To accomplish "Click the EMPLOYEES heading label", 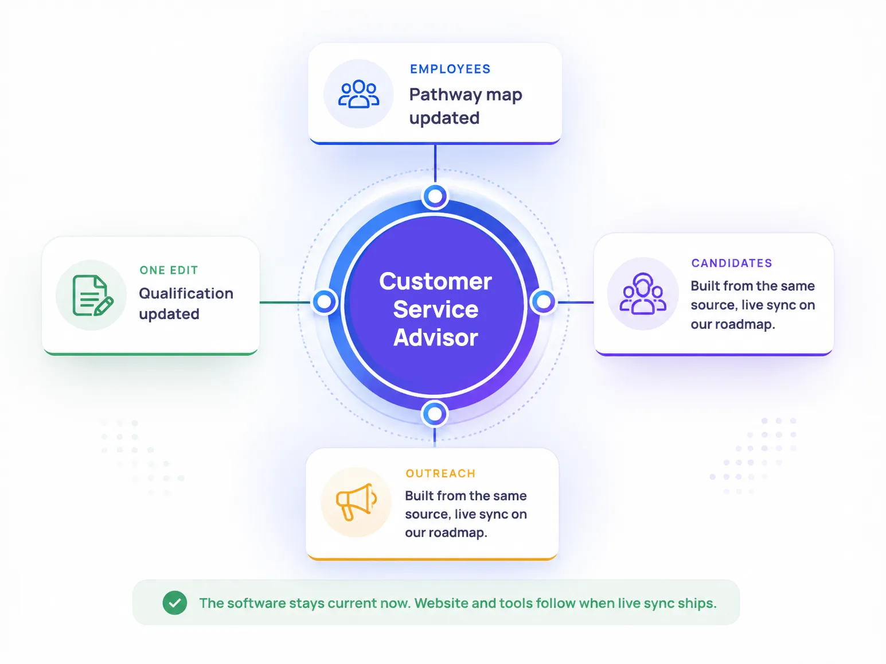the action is (x=450, y=69).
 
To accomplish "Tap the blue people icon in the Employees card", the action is (x=358, y=94).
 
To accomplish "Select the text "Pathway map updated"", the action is (x=466, y=106).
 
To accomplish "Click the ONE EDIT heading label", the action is (x=169, y=270).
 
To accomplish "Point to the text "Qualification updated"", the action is (x=186, y=304).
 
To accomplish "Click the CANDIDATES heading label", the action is (x=731, y=263).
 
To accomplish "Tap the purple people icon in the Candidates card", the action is (x=643, y=294).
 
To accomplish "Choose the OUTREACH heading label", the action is (x=440, y=473).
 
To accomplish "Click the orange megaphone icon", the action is (x=357, y=502).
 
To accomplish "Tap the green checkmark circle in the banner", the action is (x=175, y=603).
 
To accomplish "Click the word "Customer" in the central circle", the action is (x=435, y=281).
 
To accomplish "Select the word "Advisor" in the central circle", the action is (x=435, y=337).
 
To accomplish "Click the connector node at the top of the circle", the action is (x=435, y=196).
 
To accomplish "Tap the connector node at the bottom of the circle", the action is (x=434, y=414).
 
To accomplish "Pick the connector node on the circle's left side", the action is (x=324, y=301).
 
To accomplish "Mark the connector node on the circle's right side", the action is (x=544, y=301).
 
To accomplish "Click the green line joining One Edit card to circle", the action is (x=285, y=302).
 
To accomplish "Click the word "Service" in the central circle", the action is (x=435, y=309).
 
